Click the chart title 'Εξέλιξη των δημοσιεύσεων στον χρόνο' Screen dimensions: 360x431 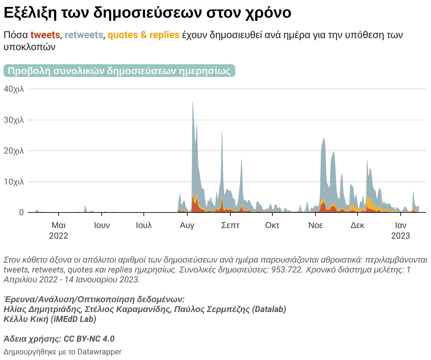(x=147, y=13)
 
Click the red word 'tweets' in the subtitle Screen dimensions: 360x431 (x=45, y=35)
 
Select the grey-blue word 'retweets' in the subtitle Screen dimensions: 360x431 (x=84, y=35)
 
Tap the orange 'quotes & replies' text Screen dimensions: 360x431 (x=143, y=35)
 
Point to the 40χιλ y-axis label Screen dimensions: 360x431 (x=14, y=89)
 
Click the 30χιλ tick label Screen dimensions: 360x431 (x=14, y=120)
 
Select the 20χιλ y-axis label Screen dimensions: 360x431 (x=14, y=151)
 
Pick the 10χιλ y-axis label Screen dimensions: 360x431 (x=14, y=182)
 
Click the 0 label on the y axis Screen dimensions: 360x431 (x=22, y=212)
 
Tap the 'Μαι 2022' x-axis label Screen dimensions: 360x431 (x=59, y=230)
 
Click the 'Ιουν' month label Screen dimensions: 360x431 (x=102, y=225)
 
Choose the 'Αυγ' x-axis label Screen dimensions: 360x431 (x=187, y=225)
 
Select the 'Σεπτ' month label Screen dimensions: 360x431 (x=230, y=225)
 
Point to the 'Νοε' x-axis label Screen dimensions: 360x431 (x=315, y=225)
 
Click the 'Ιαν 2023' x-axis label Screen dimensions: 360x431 (x=401, y=230)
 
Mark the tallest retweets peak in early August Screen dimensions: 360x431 (x=193, y=102)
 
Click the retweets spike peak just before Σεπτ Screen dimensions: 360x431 (x=222, y=132)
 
